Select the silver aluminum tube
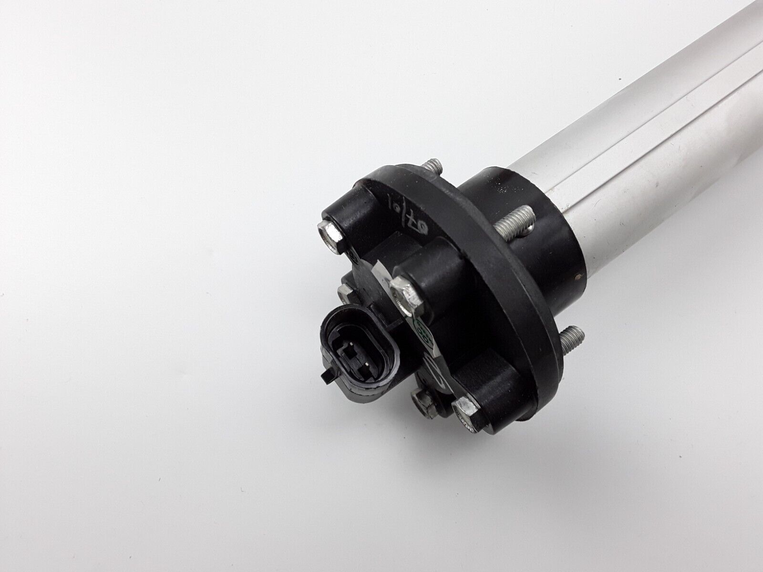point(658,119)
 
